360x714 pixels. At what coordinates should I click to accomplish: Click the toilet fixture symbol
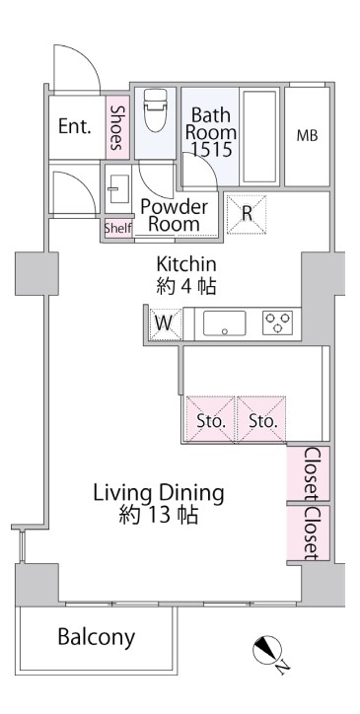click(x=156, y=110)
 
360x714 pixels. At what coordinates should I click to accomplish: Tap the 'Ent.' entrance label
click(x=75, y=126)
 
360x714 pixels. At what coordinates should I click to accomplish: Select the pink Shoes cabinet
click(x=117, y=127)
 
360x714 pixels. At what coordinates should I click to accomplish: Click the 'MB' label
click(x=307, y=136)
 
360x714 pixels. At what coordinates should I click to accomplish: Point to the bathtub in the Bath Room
click(x=259, y=137)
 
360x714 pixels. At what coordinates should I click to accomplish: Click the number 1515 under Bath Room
click(x=211, y=149)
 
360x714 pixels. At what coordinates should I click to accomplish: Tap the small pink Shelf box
click(x=118, y=228)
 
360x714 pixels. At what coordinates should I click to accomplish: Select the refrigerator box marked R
click(x=247, y=214)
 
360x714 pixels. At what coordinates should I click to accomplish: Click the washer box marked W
click(x=164, y=323)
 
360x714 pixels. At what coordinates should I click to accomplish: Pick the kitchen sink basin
click(x=224, y=322)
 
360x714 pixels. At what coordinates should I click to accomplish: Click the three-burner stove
click(x=277, y=322)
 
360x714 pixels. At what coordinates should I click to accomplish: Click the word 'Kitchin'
click(x=186, y=264)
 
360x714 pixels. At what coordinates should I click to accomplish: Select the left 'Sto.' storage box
click(x=211, y=419)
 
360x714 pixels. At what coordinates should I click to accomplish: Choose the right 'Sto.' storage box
click(x=262, y=419)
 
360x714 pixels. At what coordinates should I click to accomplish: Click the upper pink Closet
click(x=308, y=473)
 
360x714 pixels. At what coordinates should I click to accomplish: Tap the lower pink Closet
click(x=308, y=533)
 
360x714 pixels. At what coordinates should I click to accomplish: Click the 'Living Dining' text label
click(x=159, y=494)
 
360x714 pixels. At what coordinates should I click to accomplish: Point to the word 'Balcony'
click(x=96, y=638)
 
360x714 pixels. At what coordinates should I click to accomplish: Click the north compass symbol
click(x=267, y=650)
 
